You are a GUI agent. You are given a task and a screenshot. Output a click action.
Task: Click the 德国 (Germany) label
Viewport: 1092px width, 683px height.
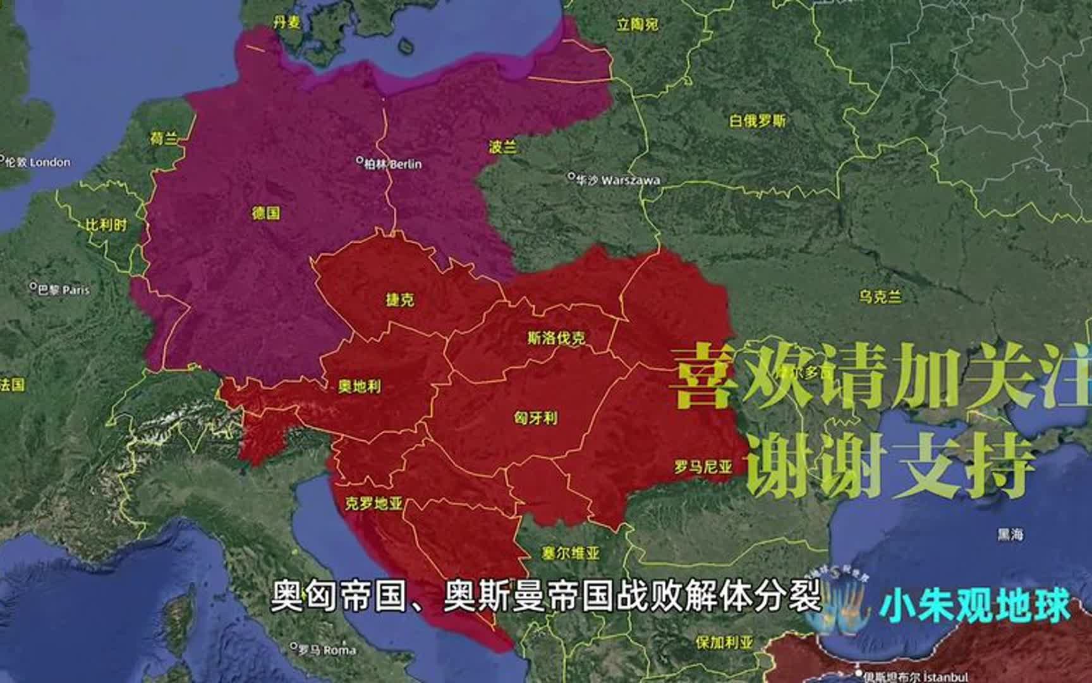coord(265,213)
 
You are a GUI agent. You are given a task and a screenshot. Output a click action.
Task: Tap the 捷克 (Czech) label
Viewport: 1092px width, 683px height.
coord(400,299)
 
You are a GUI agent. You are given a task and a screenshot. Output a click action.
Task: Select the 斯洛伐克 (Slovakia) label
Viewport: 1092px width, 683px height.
coord(556,338)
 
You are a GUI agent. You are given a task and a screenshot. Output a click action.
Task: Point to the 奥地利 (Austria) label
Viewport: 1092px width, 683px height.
coord(360,386)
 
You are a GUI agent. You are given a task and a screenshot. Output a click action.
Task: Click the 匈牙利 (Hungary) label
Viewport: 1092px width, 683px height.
coord(535,417)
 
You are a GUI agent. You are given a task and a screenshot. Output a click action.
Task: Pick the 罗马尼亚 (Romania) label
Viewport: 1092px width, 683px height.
coord(703,467)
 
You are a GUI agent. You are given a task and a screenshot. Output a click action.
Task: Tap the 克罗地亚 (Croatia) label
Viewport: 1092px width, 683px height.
coord(374,503)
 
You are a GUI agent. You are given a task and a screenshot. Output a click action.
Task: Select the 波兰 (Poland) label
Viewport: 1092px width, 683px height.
coord(503,147)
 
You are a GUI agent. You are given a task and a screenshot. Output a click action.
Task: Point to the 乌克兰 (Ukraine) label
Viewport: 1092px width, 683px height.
coord(880,296)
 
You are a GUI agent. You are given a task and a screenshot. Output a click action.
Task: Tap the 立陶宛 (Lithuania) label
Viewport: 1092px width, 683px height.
coord(637,25)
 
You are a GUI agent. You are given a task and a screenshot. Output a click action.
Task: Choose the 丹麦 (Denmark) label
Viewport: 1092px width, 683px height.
coord(286,23)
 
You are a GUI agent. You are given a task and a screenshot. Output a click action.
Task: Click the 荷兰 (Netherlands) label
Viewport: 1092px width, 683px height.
coord(164,138)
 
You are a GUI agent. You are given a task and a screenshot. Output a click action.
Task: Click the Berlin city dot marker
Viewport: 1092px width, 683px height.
coord(360,161)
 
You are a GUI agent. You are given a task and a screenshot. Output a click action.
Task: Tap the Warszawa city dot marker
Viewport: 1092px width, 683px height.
coord(571,176)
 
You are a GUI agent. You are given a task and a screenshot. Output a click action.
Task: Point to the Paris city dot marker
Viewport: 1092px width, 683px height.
coord(33,286)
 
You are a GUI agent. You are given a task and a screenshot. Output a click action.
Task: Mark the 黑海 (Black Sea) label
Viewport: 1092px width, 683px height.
coord(1010,534)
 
